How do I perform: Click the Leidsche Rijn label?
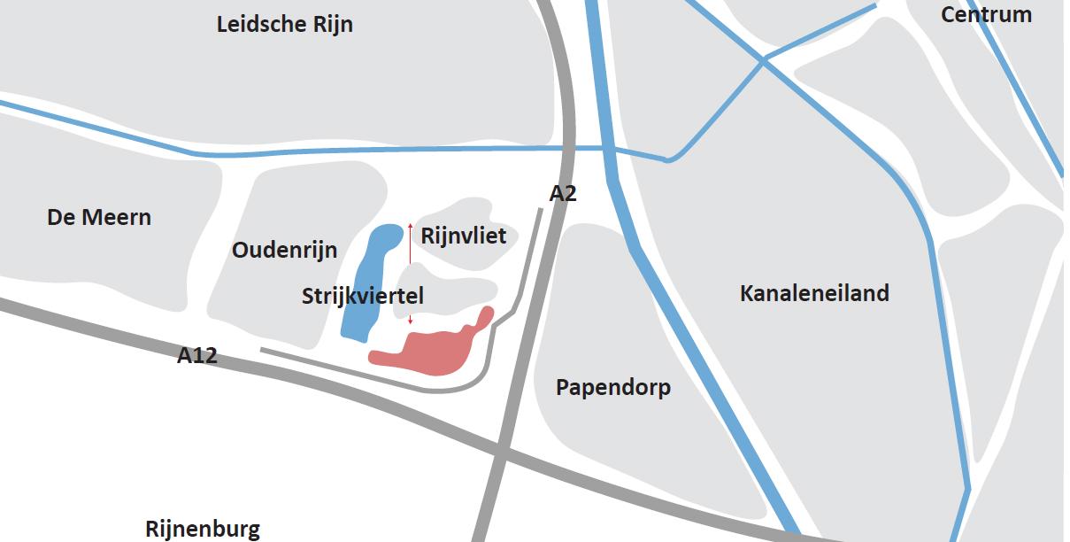point(284,24)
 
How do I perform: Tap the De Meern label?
point(99,217)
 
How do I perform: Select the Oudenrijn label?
point(284,251)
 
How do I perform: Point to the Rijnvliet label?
point(464,236)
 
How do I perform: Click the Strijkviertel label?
point(363,297)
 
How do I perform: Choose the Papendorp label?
point(613,387)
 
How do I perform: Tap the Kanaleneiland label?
point(814,293)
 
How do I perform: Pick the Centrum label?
point(986,14)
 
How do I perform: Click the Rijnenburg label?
point(203,530)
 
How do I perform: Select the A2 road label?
point(563,193)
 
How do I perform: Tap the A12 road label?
point(197,356)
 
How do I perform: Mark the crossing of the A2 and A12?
point(500,454)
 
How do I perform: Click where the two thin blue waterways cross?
point(763,59)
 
